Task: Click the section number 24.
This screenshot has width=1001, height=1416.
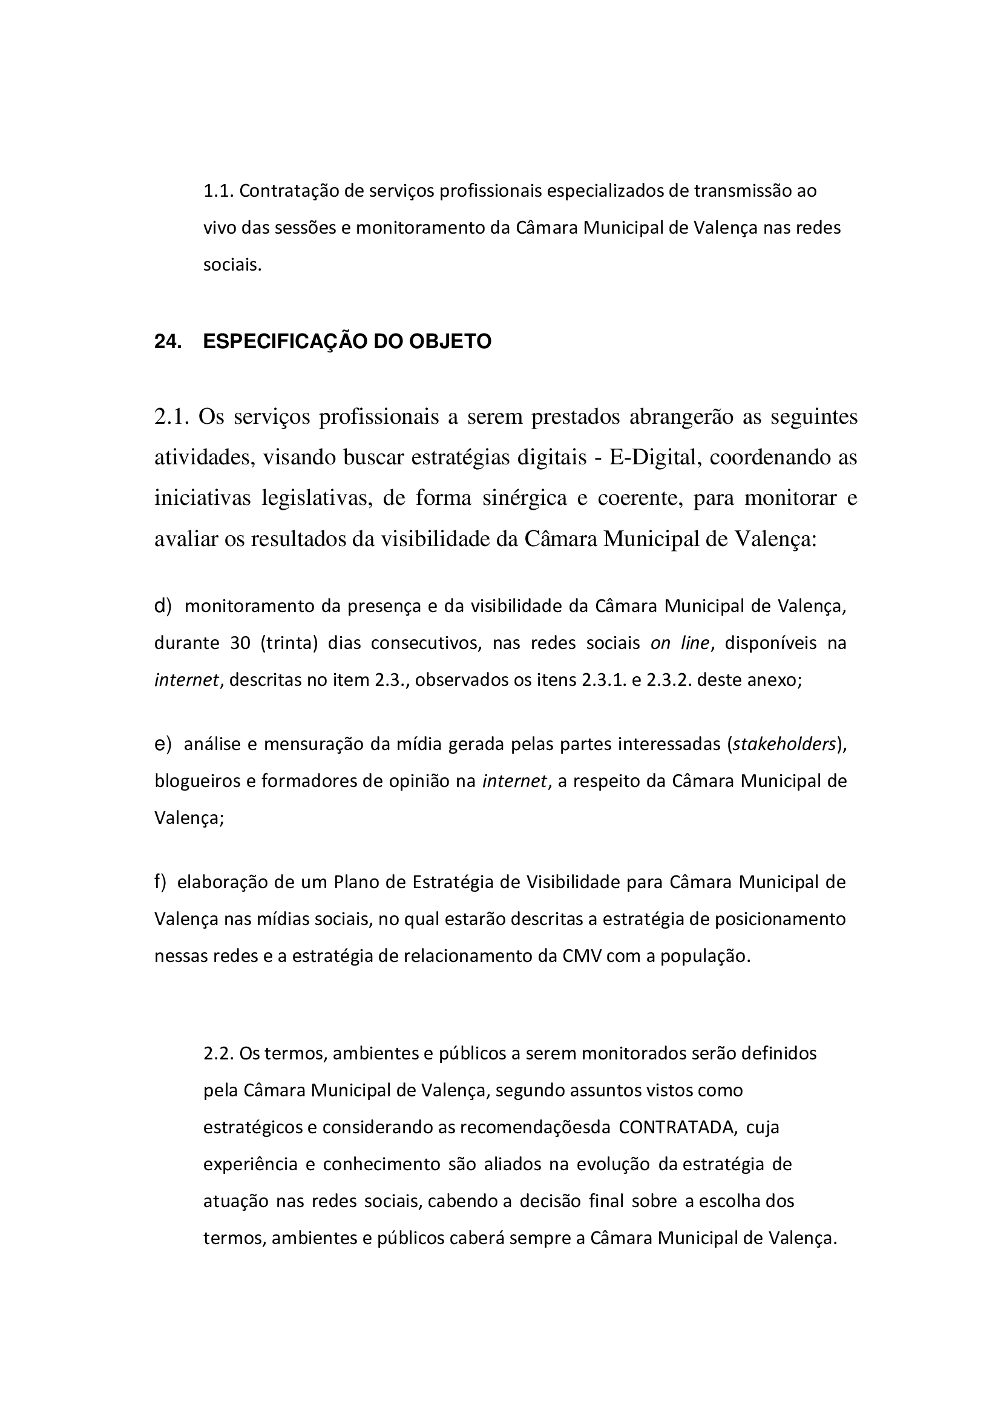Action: (167, 341)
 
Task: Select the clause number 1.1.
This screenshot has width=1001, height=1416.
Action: (219, 191)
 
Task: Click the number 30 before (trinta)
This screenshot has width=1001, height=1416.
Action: (240, 644)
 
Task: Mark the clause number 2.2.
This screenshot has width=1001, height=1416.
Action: (219, 1053)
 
